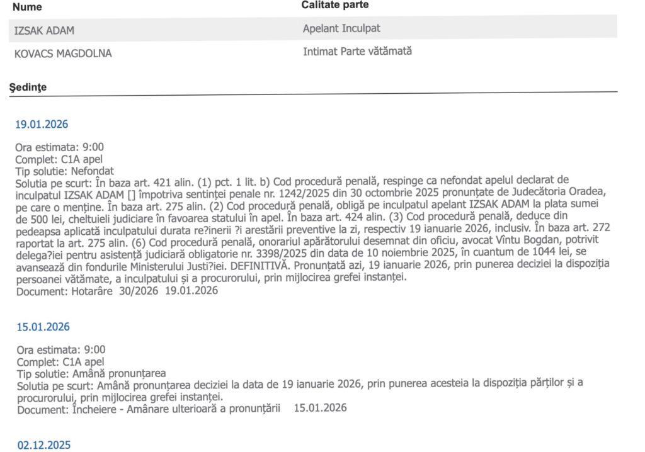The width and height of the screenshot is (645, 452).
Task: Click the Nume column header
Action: click(28, 7)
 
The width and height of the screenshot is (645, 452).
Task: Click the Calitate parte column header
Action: click(334, 5)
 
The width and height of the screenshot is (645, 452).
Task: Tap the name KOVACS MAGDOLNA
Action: click(63, 54)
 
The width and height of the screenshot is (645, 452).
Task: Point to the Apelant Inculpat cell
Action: click(341, 28)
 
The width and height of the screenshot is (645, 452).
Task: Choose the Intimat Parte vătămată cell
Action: click(357, 52)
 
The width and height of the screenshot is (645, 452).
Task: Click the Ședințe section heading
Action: click(28, 87)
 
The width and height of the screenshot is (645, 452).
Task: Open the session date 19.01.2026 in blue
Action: click(42, 124)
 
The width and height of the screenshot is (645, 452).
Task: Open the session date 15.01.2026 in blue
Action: click(43, 327)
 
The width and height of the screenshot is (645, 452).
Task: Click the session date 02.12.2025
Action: click(44, 445)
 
